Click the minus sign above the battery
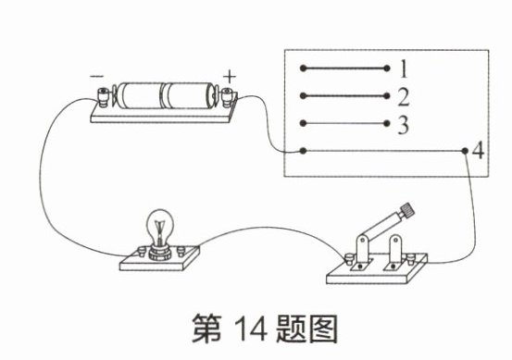point(97,77)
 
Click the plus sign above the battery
point(230,77)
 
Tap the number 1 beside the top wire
point(404,68)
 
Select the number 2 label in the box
point(404,97)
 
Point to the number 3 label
point(404,125)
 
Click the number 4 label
point(479,151)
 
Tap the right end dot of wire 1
point(387,68)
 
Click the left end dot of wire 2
point(303,96)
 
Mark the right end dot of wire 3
point(387,123)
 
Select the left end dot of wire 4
point(303,151)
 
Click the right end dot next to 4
point(465,151)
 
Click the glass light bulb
point(159,227)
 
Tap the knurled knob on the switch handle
point(407,209)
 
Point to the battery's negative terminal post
point(104,97)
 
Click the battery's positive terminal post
point(227,97)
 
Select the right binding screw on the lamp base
point(181,251)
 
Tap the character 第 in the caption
point(206,328)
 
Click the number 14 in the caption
point(251,328)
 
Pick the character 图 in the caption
point(323,328)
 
